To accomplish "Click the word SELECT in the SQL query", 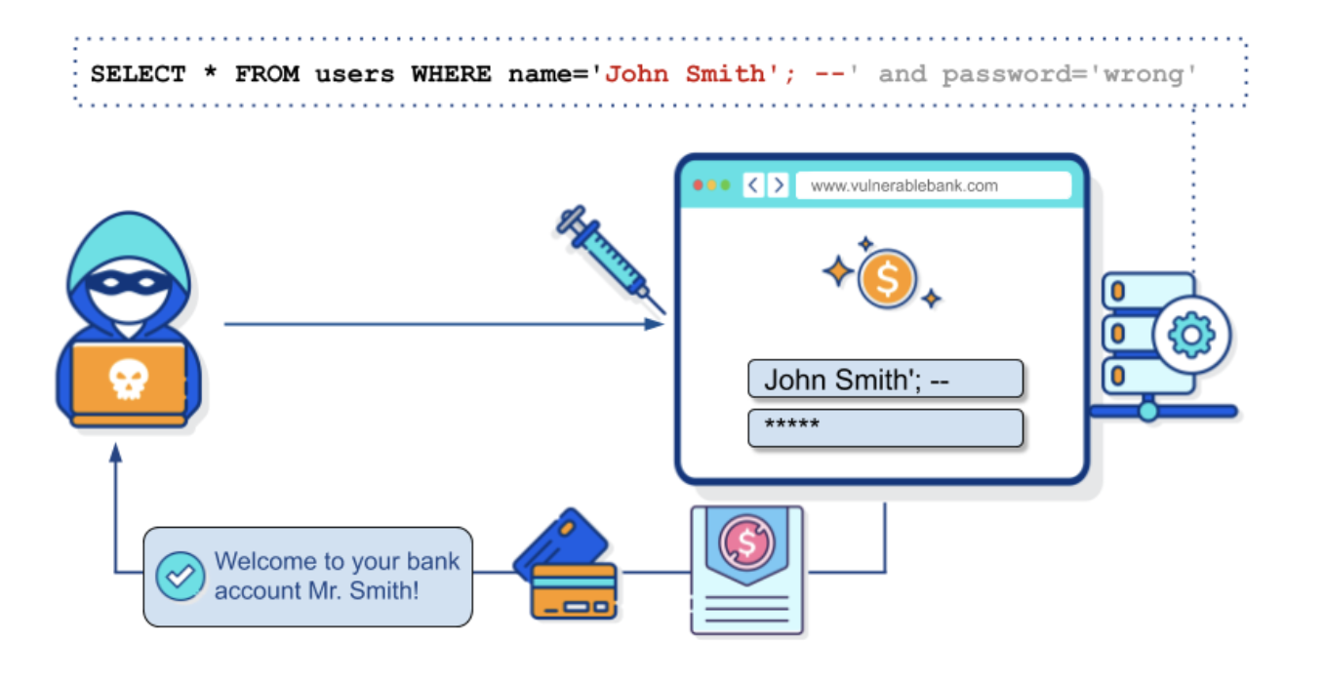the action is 138,74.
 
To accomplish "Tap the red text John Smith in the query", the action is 686,74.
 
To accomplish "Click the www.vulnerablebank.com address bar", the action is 933,185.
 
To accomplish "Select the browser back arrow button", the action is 753,185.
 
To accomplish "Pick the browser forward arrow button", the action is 778,185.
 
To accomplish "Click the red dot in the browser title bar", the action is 698,185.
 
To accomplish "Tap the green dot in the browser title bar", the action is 725,185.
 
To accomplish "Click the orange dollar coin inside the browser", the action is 886,279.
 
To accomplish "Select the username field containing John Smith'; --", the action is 885,379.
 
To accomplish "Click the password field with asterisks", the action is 885,427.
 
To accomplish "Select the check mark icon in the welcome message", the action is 180,576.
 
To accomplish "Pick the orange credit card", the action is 574,590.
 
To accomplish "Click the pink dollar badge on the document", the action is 746,544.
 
